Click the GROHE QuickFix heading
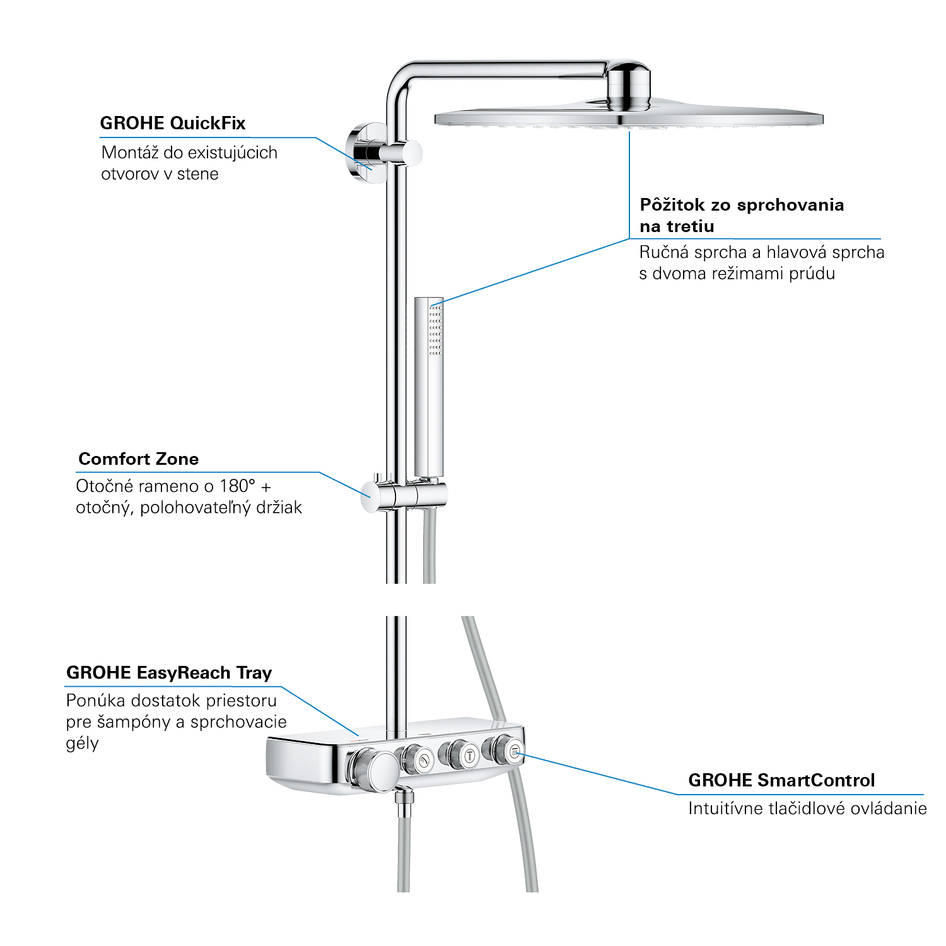[172, 123]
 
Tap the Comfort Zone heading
[138, 459]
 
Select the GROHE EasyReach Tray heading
[169, 673]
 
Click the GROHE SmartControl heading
[781, 781]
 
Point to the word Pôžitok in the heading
[672, 205]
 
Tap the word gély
[82, 744]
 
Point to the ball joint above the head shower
[628, 85]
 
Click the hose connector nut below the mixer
[404, 797]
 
